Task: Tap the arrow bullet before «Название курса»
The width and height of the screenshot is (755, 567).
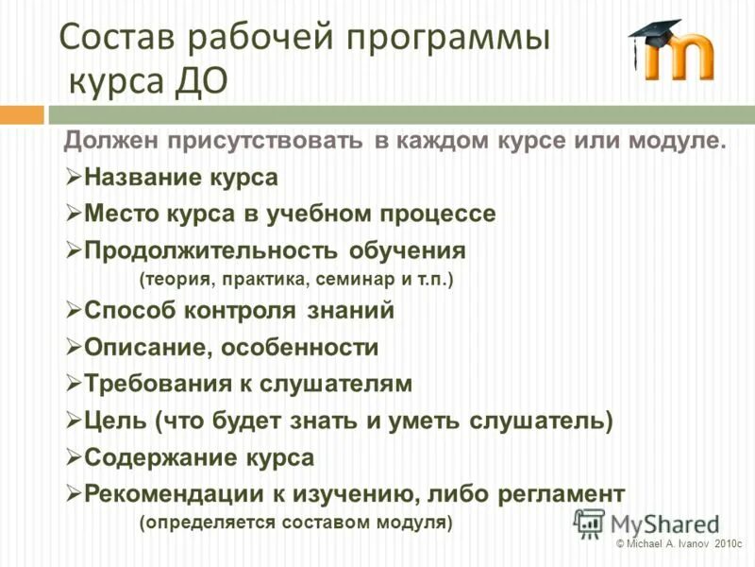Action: [x=75, y=178]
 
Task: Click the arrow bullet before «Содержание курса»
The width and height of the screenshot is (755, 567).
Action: [x=75, y=457]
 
